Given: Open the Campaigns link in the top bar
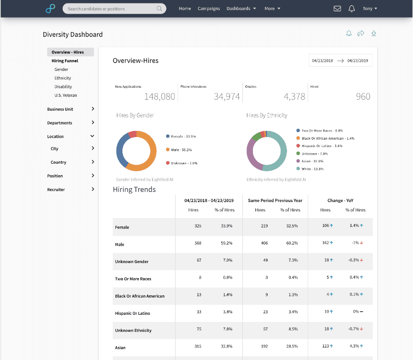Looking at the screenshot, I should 208,9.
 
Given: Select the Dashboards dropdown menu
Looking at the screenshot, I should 241,9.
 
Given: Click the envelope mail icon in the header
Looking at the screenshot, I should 337,9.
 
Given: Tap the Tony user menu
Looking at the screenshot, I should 369,9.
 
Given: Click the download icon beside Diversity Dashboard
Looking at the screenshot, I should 373,34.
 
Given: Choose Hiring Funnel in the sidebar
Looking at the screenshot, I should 65,61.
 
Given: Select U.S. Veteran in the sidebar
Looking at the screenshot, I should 66,95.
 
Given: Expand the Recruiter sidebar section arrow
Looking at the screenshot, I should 93,189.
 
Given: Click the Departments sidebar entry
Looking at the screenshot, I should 60,123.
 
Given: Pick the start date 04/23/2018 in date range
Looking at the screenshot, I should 323,60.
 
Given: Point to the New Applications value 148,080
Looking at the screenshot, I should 160,96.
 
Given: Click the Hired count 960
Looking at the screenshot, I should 363,96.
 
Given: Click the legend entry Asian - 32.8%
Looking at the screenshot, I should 312,161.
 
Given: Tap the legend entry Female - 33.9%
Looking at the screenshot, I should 183,136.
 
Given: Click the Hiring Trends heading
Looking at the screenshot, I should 134,189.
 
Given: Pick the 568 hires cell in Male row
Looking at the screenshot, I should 198,243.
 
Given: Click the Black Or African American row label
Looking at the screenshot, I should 140,296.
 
